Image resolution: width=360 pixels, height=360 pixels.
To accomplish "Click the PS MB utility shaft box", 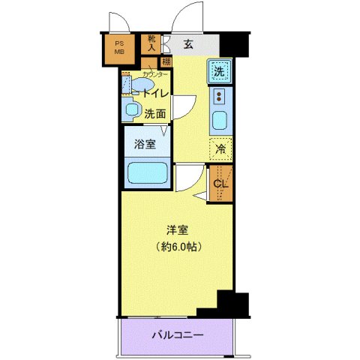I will tap(118, 49).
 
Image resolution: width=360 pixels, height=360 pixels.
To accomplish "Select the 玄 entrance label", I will tap(188, 44).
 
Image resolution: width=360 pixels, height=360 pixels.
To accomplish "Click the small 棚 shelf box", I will tap(166, 61).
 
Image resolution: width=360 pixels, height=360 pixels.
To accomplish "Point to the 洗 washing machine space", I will tap(218, 72).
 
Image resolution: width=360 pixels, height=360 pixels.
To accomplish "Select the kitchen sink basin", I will tap(219, 119).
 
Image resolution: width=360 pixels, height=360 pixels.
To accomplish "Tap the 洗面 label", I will tap(155, 114).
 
